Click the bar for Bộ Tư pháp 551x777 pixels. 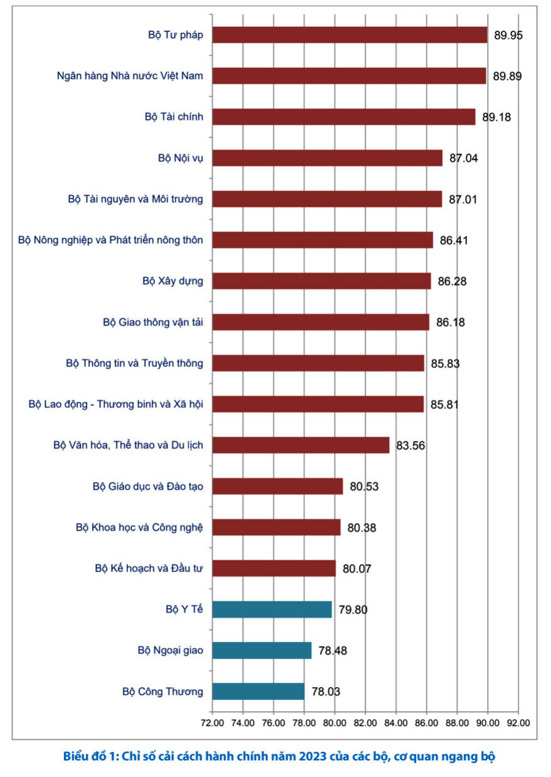tap(350, 35)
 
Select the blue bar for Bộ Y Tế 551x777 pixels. tap(272, 609)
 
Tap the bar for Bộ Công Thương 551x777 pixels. tap(258, 692)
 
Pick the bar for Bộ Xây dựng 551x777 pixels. tap(321, 281)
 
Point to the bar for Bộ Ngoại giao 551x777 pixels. tap(262, 650)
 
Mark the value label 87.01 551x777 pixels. tap(464, 200)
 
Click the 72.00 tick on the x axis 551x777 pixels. tap(212, 722)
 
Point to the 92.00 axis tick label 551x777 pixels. tap(518, 722)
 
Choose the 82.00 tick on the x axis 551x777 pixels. tap(365, 722)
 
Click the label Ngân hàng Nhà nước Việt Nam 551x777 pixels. tap(130, 76)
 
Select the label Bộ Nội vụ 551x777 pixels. tap(180, 158)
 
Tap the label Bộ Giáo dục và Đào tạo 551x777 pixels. tap(147, 486)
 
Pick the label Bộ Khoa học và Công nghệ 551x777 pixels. tap(139, 527)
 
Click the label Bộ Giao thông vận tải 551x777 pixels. tap(152, 322)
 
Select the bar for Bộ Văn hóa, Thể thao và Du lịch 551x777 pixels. tap(301, 445)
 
